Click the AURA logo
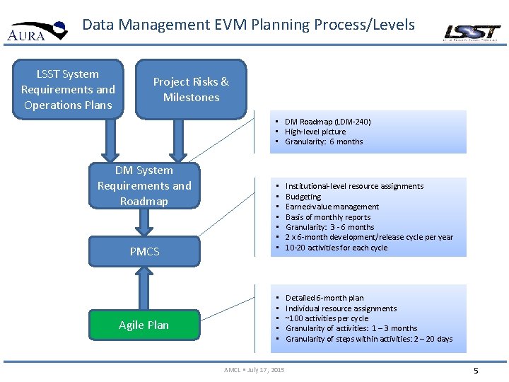tap(37, 30)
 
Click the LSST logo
tap(472, 33)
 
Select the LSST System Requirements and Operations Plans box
tap(68, 90)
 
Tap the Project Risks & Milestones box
tap(191, 90)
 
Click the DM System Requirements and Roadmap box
tap(144, 186)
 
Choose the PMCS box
tap(144, 251)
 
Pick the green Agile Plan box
tap(144, 325)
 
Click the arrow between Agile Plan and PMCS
tap(144, 288)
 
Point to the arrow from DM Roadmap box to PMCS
tap(144, 222)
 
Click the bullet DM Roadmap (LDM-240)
tap(327, 122)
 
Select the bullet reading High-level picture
tap(315, 132)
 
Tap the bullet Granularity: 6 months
tap(324, 141)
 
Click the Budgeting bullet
tap(303, 197)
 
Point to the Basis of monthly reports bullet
tap(328, 217)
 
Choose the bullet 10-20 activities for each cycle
tap(337, 248)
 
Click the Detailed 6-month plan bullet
tap(324, 298)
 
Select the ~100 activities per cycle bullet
tap(327, 318)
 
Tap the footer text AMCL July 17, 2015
tap(254, 370)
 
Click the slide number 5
tap(476, 371)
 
